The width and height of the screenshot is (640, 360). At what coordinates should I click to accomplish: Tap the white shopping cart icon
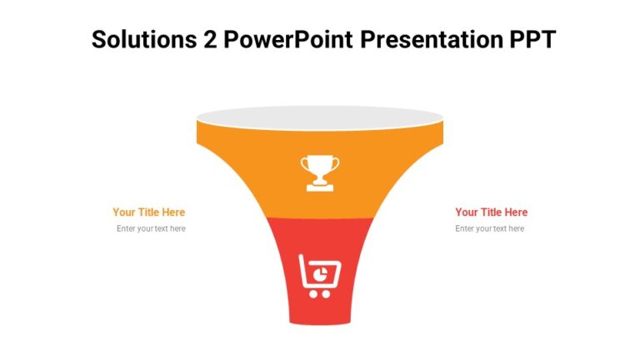point(320,276)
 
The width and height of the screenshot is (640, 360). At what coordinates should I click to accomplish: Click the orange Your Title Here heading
point(149,212)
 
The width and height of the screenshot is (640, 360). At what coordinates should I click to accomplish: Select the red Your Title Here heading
point(491,212)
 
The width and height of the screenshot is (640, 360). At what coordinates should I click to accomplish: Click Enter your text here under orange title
point(151,228)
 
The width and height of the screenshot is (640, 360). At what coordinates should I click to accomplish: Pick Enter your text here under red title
point(489,228)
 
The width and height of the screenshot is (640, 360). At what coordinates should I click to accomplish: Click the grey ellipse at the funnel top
point(320,117)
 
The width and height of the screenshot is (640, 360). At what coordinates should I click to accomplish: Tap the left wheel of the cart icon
point(313,293)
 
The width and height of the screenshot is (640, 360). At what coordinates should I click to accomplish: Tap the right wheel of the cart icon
point(326,293)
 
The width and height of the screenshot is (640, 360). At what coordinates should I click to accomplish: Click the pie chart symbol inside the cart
point(321,272)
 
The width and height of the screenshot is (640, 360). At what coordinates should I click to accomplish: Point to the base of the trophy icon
point(320,187)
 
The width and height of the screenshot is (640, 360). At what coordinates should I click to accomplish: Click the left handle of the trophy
point(305,164)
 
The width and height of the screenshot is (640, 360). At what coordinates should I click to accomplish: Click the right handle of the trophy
point(335,164)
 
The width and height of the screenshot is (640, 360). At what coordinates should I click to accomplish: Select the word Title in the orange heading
point(147,212)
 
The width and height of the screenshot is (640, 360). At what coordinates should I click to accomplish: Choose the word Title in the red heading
point(489,212)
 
